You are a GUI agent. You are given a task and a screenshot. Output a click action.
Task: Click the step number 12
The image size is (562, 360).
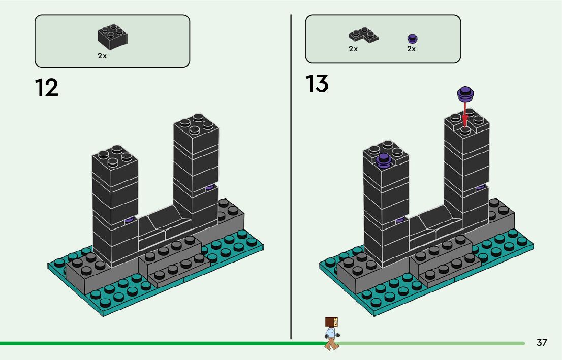(47, 87)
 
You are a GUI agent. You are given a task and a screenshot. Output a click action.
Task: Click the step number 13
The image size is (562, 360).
(317, 84)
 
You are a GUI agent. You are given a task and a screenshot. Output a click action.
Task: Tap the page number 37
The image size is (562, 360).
(542, 342)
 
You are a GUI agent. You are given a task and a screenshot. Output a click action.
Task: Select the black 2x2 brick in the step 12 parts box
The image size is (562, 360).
(112, 37)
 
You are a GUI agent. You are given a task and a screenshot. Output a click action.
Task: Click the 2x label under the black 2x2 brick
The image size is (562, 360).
(102, 56)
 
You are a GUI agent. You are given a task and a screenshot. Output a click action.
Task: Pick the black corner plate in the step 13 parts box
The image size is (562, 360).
(363, 35)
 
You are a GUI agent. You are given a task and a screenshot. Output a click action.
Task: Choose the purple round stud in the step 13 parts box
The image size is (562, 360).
(412, 38)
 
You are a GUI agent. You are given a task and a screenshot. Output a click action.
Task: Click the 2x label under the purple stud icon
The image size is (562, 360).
(411, 49)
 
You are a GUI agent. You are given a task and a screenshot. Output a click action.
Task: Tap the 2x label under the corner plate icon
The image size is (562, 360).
(353, 49)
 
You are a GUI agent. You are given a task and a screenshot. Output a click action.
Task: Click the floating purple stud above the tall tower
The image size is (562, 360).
(465, 93)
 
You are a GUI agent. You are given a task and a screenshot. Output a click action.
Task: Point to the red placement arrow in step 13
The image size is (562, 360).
(465, 112)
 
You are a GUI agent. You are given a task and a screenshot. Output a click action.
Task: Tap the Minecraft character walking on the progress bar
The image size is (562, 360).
(331, 333)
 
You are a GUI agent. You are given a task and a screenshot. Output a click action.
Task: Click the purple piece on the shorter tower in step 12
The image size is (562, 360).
(130, 220)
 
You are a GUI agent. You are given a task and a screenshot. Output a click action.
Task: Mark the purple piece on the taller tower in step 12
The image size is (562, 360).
(209, 188)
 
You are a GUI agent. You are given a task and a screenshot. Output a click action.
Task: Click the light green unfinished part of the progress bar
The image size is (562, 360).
(432, 343)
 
